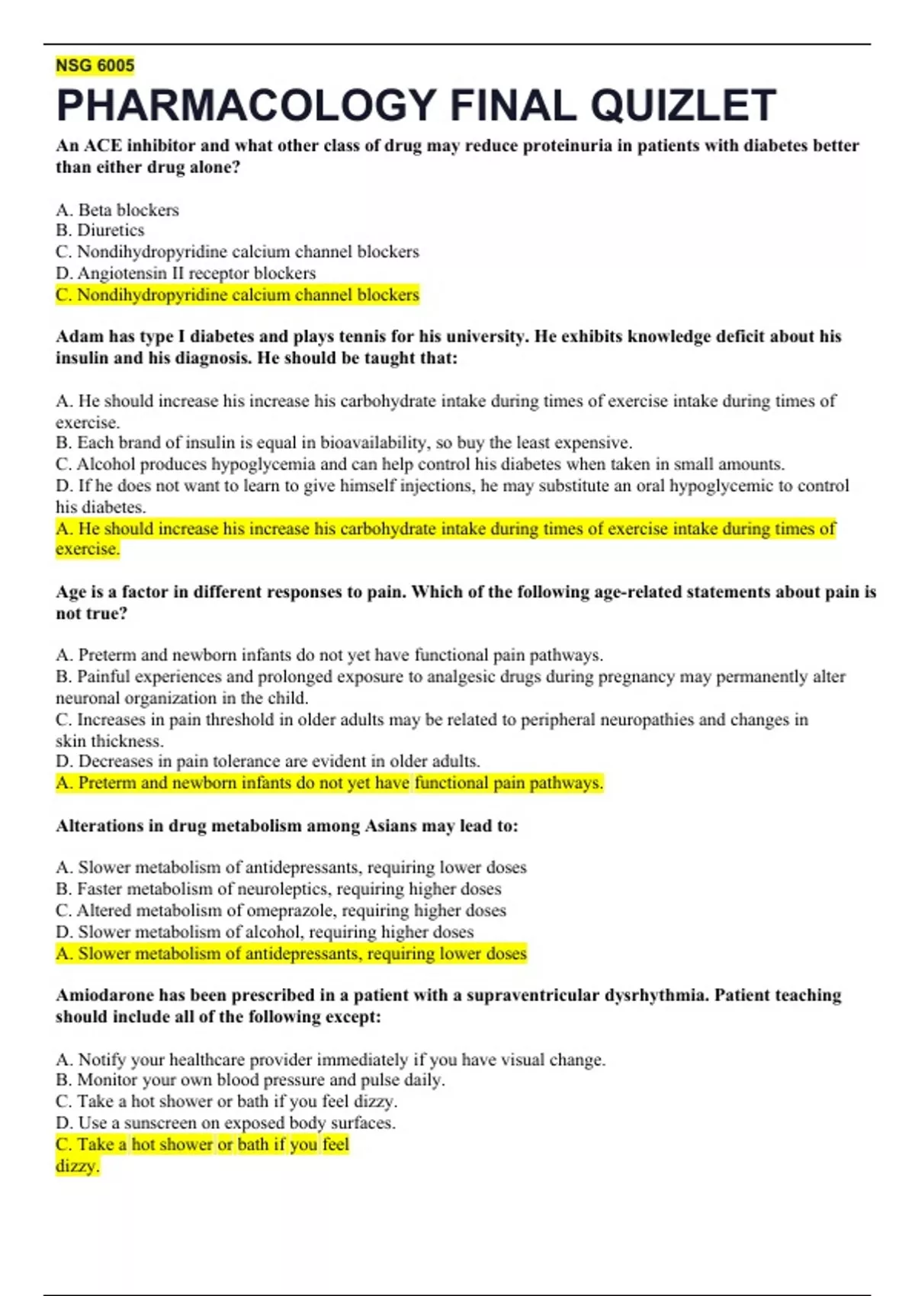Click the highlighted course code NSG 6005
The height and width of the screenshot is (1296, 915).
(95, 66)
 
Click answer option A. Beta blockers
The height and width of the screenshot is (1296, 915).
(117, 210)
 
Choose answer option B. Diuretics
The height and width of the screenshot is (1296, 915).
(100, 230)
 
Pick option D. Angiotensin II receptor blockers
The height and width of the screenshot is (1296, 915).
(185, 273)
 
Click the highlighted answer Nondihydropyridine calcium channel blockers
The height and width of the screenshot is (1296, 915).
(237, 294)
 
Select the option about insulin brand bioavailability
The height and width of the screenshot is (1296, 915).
(343, 442)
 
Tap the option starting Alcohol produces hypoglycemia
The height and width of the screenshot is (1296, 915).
(419, 464)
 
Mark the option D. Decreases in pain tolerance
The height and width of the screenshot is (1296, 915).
(268, 761)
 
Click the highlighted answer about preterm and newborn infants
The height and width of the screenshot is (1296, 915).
(329, 782)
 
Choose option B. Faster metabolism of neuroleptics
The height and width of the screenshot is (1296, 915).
(278, 888)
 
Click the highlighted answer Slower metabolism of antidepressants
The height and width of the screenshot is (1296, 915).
(291, 953)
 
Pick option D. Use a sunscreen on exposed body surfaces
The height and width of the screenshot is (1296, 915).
(226, 1122)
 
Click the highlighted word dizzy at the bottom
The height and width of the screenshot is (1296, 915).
(77, 1166)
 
